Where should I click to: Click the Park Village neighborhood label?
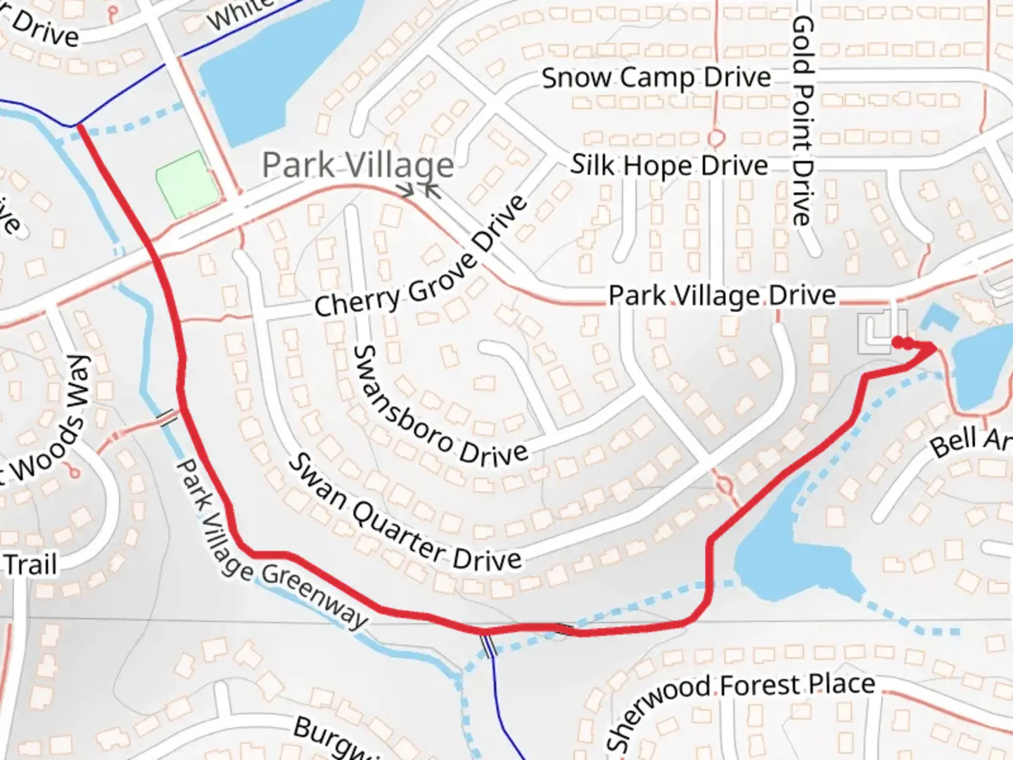[357, 165]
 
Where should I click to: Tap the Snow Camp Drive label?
[656, 77]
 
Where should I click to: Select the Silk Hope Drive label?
[669, 166]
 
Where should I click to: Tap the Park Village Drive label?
[722, 296]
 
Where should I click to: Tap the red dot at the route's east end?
[898, 343]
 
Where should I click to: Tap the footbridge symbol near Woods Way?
[167, 419]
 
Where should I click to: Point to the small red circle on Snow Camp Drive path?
[716, 137]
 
